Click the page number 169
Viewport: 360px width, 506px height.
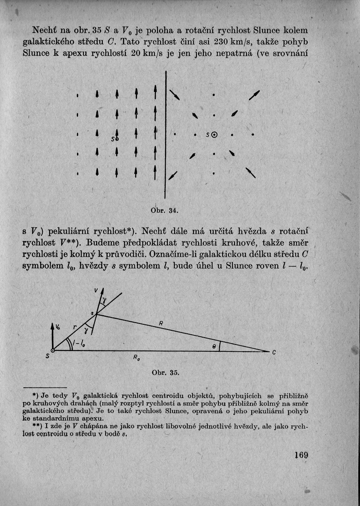301,455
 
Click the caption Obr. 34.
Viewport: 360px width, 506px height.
164,210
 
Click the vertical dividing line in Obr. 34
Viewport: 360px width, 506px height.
166,137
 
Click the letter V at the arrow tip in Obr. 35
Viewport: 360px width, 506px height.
97,291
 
